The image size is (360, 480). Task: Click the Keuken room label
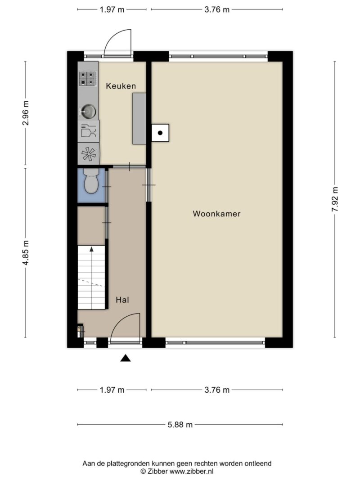point(121,86)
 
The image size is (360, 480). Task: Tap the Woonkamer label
point(216,214)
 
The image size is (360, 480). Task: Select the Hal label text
point(122,300)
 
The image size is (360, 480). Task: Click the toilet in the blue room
point(91,182)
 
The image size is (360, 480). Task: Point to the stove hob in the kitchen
point(88,78)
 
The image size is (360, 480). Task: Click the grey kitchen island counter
point(139,119)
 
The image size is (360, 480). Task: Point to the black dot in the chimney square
point(160,133)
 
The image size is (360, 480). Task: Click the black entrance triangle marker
point(126,358)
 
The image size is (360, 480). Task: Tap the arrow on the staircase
point(91,248)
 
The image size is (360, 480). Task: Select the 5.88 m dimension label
point(180,424)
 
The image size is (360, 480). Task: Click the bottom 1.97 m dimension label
point(112,390)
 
